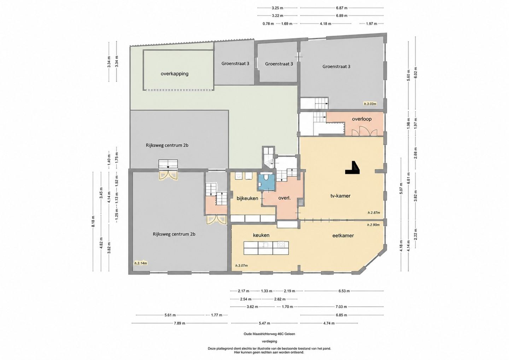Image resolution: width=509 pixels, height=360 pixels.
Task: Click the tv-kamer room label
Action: coord(340,196)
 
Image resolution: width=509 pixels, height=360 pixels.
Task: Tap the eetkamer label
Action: coord(343,236)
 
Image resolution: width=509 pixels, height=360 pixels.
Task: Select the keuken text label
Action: coord(261,235)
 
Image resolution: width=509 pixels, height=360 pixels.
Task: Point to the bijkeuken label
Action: coord(247,198)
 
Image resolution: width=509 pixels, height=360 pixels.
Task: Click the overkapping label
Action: coord(175,74)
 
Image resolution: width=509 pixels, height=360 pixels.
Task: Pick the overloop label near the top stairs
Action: coord(362,119)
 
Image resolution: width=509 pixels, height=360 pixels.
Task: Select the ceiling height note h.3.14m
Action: coord(140,263)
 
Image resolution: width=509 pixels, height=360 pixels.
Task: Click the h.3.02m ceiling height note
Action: coord(370,104)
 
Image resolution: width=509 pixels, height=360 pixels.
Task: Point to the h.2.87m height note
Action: coord(374,213)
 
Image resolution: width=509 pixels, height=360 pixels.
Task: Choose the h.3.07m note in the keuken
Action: coord(241,266)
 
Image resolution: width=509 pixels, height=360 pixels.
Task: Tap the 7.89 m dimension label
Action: coord(180,324)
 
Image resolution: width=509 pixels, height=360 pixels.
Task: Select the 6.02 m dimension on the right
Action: coord(416,72)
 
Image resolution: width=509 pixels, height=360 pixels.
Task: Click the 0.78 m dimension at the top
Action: coord(268,24)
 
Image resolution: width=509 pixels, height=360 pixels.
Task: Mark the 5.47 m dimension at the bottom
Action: coord(264,324)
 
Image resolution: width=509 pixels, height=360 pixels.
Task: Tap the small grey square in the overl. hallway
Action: coord(301,202)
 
